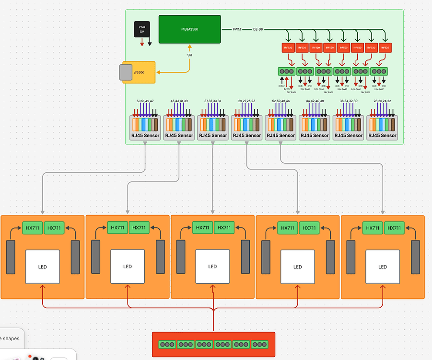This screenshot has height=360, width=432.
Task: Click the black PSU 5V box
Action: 142,29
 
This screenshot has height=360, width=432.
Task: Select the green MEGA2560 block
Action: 189,29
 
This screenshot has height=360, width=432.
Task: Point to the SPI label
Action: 189,55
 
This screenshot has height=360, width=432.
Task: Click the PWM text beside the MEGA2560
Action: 237,29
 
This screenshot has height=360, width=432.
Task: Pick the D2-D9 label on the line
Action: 258,29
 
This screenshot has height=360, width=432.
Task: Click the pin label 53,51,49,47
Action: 145,101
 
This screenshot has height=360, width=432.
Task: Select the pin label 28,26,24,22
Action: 382,101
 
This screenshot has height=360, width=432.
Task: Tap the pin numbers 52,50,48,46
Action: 280,101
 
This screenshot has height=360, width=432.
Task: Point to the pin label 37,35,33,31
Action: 212,101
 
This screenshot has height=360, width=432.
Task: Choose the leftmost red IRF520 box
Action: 287,48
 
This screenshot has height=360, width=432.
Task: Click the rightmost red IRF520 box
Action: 385,48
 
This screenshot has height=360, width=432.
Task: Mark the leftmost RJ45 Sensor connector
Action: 145,127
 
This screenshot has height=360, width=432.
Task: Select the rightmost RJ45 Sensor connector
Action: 382,127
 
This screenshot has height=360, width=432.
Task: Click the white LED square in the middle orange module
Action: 212,266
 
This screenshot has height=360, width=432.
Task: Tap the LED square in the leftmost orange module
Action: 43,266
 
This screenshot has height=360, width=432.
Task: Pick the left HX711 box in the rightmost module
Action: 373,228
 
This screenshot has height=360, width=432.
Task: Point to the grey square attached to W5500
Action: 126,72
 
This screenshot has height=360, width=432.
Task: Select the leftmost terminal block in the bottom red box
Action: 167,344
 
